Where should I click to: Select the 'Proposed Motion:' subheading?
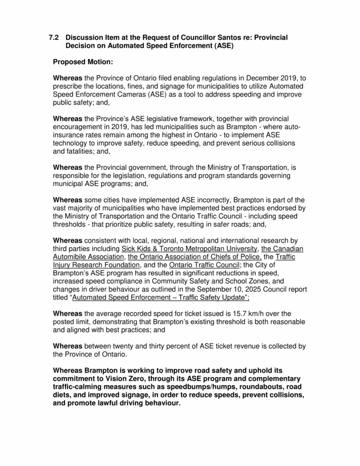tap(83, 62)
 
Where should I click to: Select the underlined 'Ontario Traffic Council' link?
tap(202, 264)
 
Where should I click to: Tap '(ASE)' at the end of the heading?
tap(220, 46)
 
